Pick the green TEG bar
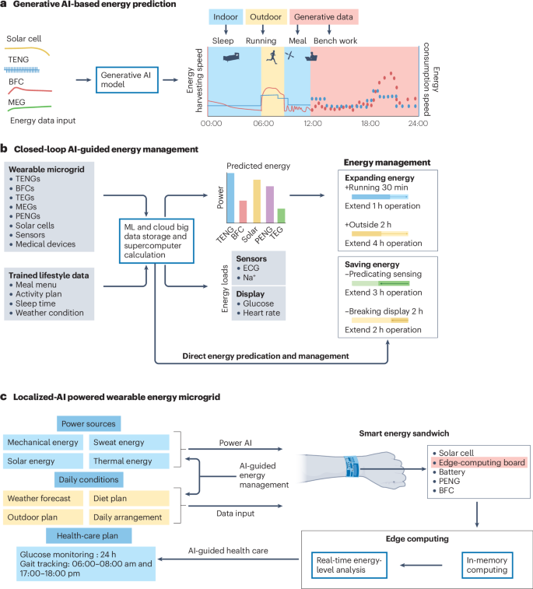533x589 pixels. [x=281, y=216]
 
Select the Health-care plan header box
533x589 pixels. [x=88, y=536]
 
